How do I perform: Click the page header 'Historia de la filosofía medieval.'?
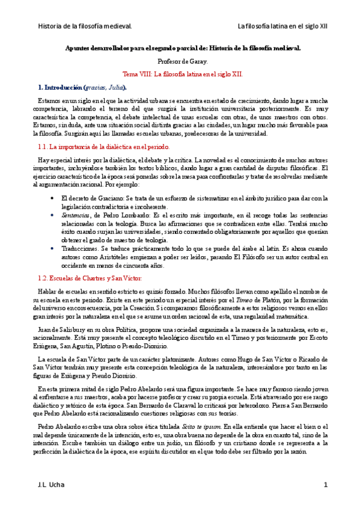[85, 26]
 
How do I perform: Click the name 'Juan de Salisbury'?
[63, 329]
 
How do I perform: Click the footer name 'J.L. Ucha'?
[51, 485]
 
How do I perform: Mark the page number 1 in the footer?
[325, 485]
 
